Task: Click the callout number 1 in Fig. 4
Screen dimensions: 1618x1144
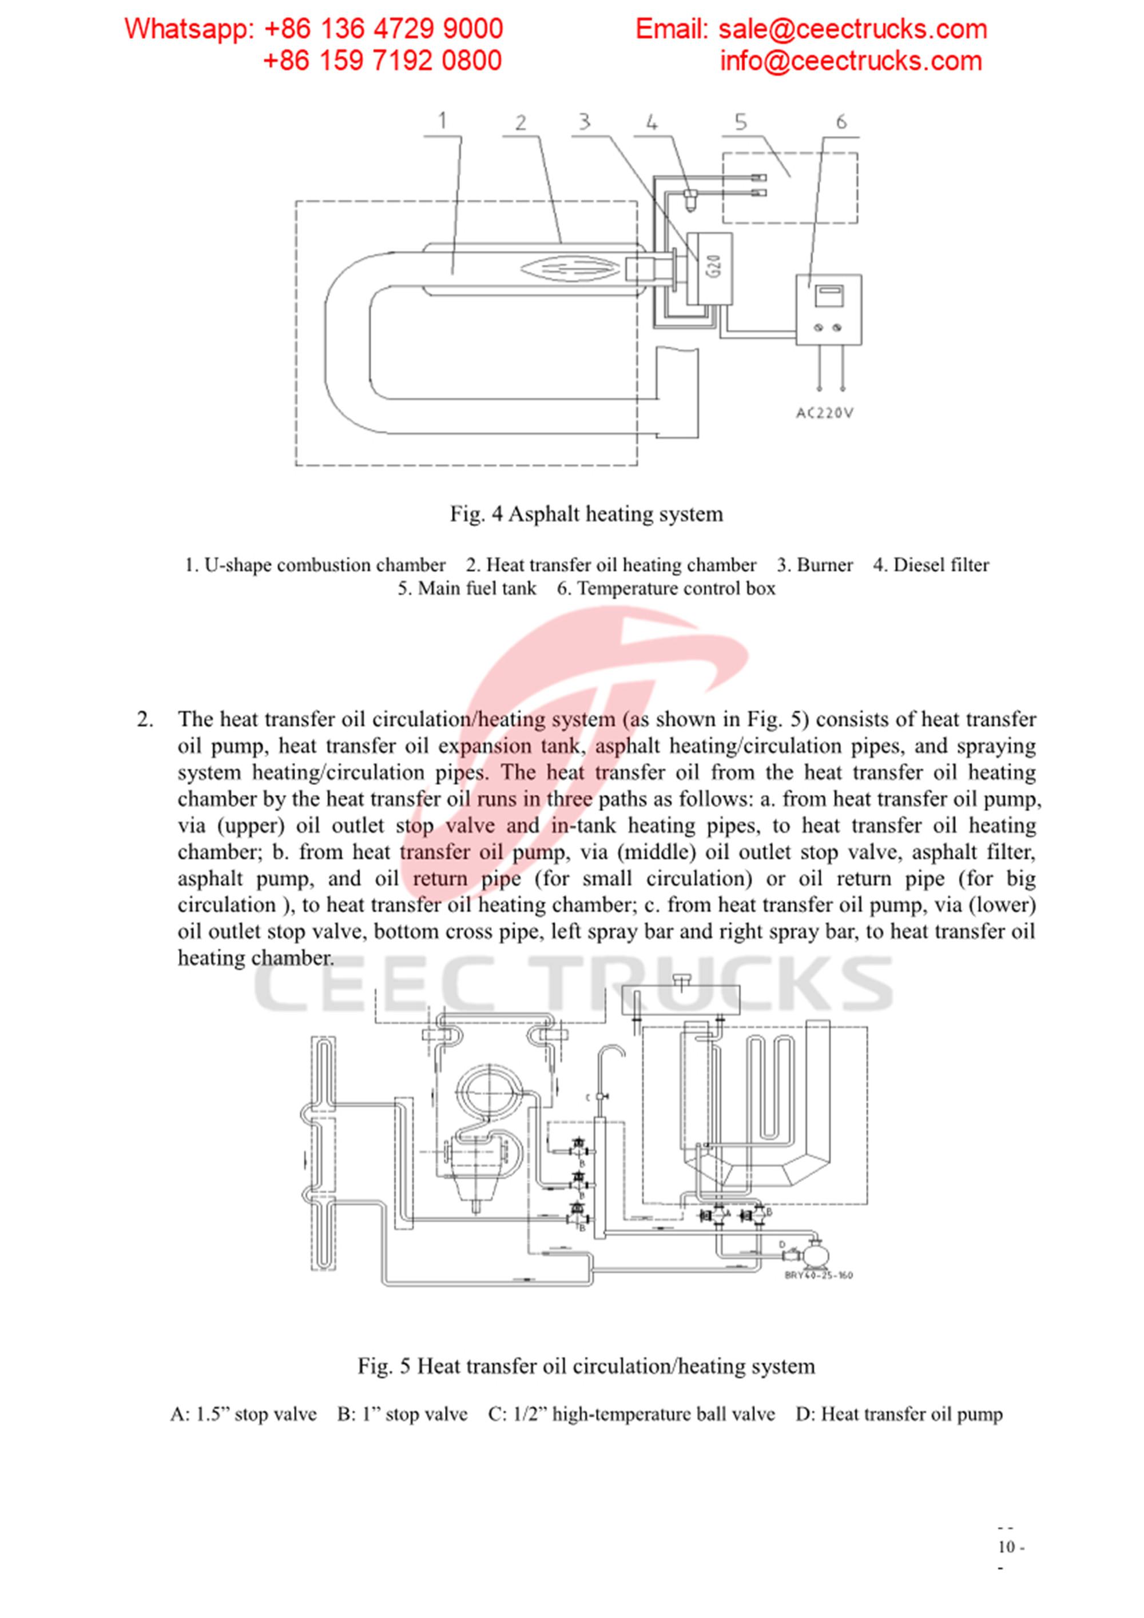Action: (443, 121)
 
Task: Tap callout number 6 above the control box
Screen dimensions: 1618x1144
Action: (841, 122)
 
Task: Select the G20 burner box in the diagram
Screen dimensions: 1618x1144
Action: (712, 269)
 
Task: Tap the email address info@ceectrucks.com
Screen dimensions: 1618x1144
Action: (850, 61)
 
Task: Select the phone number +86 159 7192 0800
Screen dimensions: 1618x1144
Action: (382, 61)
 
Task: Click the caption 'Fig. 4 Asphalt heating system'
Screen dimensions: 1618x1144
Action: (586, 514)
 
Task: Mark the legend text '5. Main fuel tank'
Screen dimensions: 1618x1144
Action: (467, 588)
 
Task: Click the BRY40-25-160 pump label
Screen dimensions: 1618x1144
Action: (819, 1275)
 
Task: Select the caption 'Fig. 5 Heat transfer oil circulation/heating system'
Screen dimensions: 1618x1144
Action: (586, 1366)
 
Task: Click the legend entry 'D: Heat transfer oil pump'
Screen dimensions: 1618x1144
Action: (899, 1414)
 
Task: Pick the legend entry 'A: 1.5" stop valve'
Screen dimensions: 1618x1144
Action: (243, 1414)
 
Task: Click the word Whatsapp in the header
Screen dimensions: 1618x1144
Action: (185, 29)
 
